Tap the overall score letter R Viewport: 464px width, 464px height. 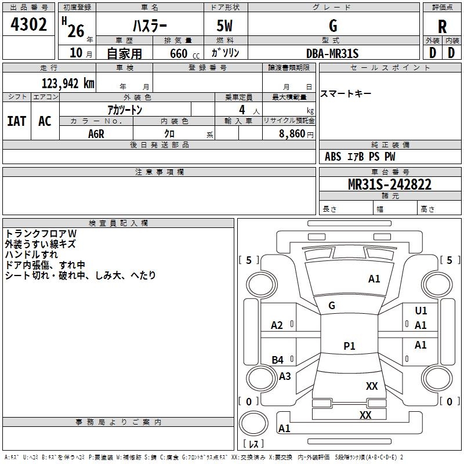pyautogui.click(x=442, y=26)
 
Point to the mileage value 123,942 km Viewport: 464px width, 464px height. pyautogui.click(x=68, y=83)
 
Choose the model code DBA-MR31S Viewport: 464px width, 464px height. pyautogui.click(x=332, y=53)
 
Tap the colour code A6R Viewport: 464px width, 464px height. pyautogui.click(x=96, y=133)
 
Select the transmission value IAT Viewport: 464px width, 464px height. pyautogui.click(x=16, y=121)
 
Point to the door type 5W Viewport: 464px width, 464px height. pyautogui.click(x=225, y=26)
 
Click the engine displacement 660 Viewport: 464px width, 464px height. pyautogui.click(x=178, y=53)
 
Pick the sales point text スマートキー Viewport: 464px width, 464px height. pyautogui.click(x=346, y=94)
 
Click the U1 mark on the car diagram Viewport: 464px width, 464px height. pyautogui.click(x=421, y=311)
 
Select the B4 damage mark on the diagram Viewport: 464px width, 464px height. pyautogui.click(x=278, y=360)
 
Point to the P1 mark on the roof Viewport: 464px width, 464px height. pyautogui.click(x=349, y=346)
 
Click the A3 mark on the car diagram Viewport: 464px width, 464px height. pyautogui.click(x=285, y=376)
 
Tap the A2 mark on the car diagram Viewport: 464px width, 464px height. pyautogui.click(x=277, y=325)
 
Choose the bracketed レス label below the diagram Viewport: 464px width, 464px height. pyautogui.click(x=253, y=444)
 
